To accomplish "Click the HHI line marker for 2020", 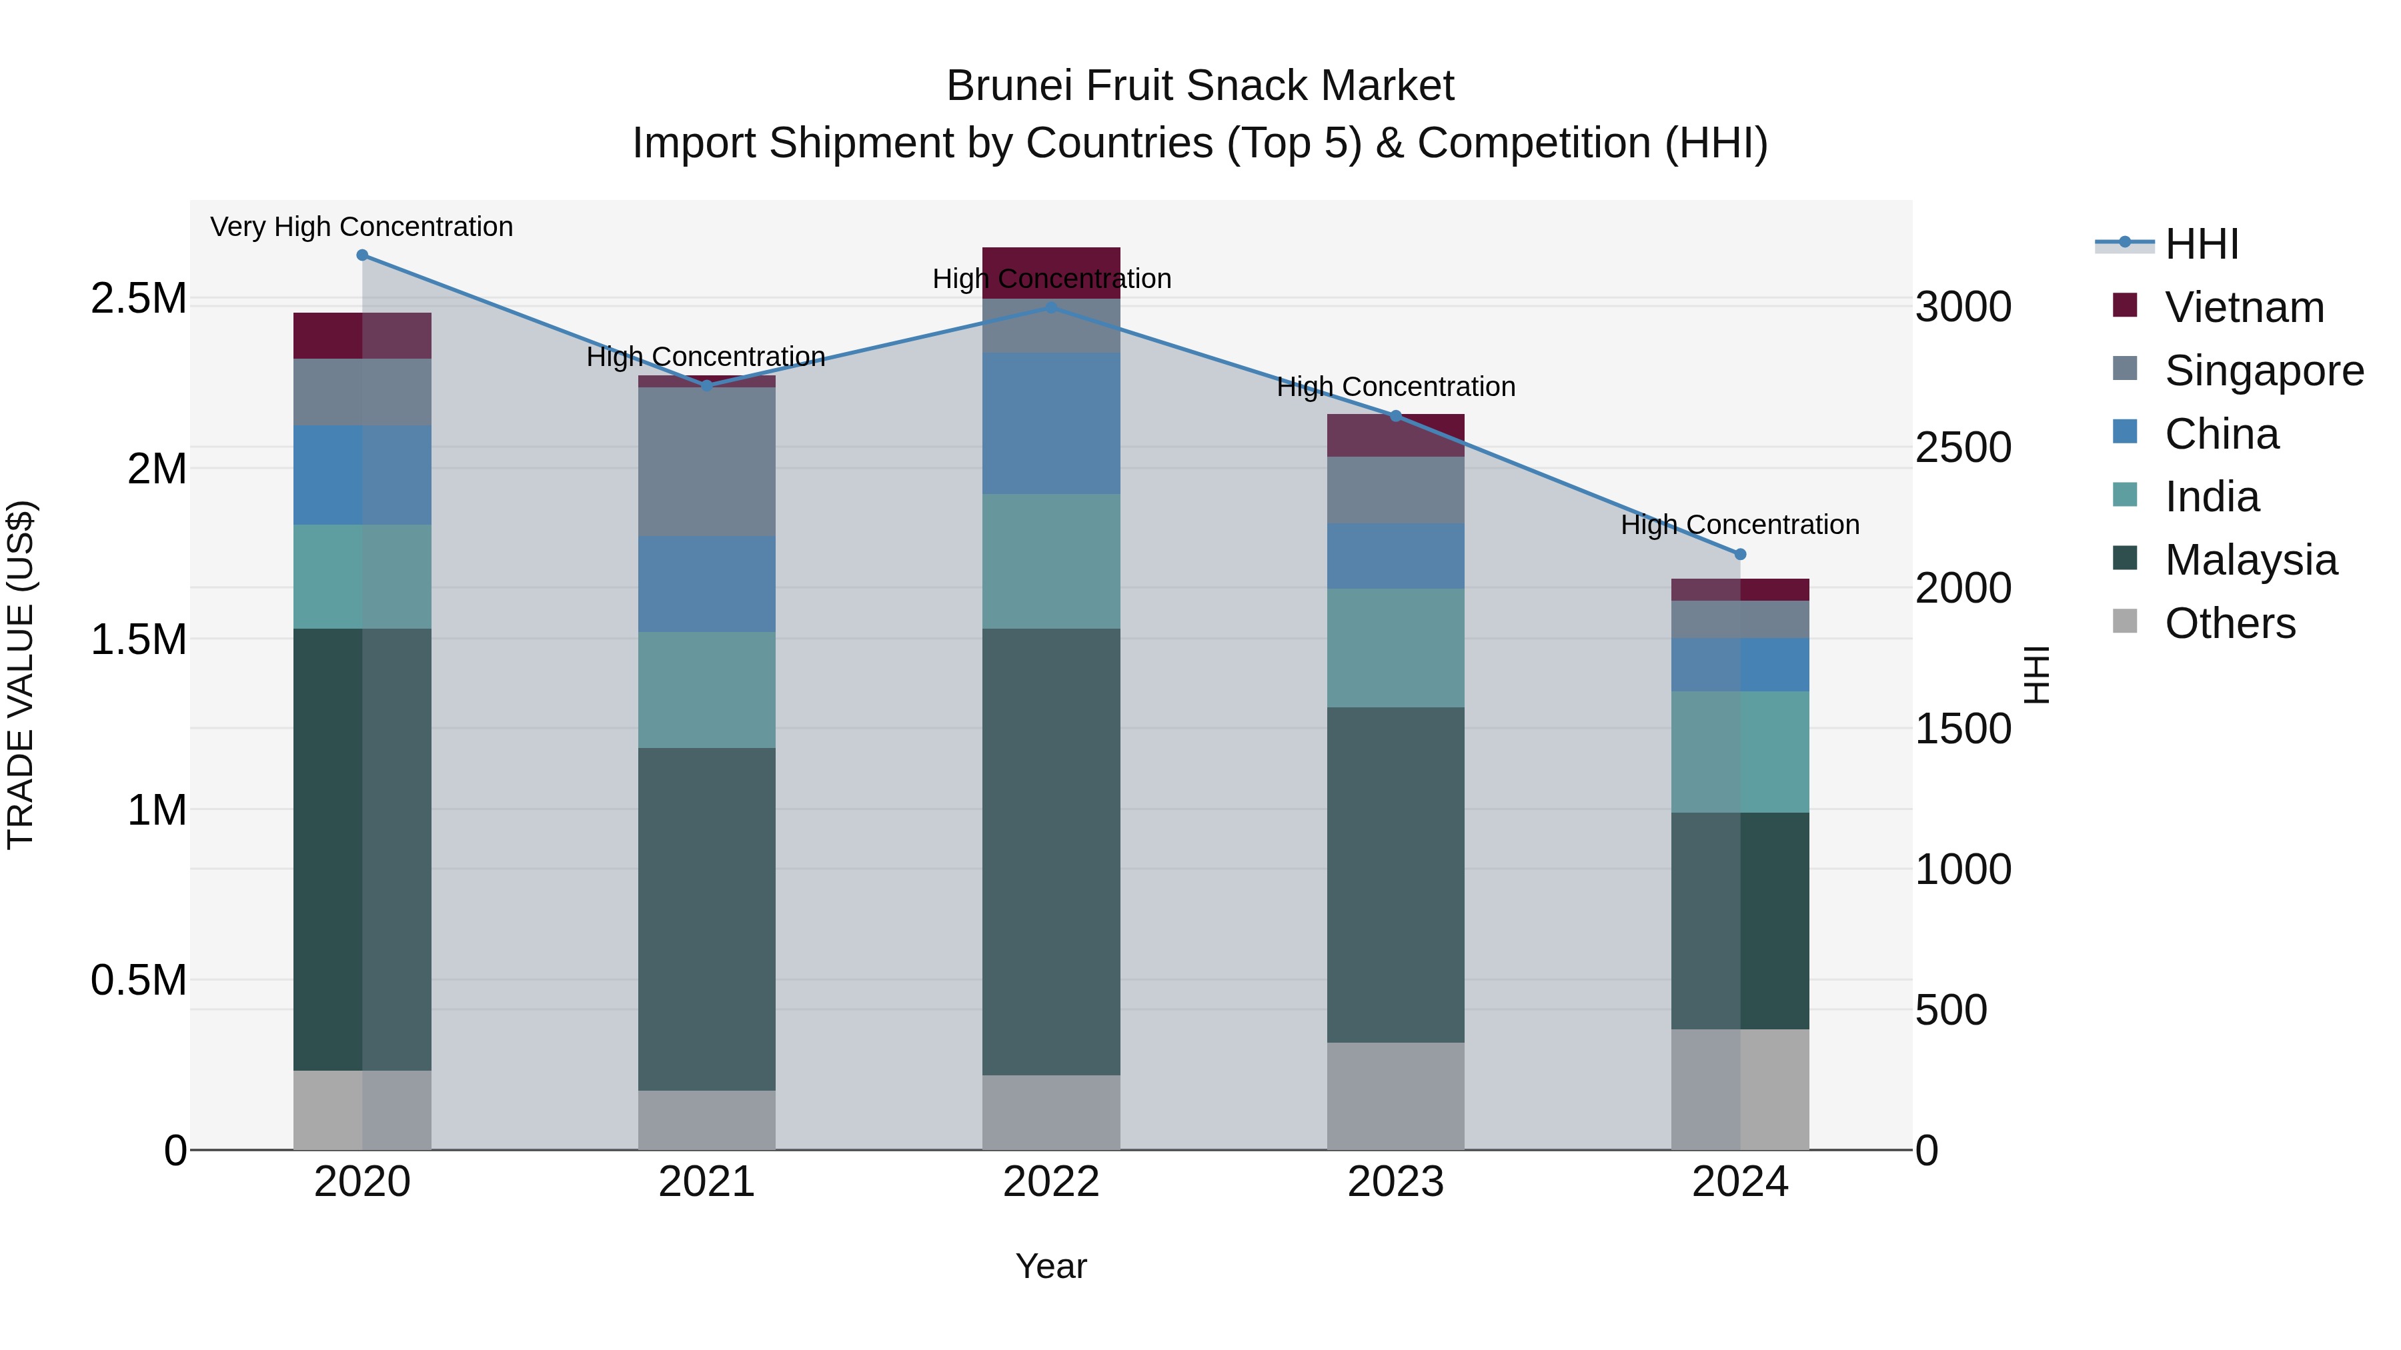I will tap(363, 255).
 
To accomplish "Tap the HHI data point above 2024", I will tap(1739, 555).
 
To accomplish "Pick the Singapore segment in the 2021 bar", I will tap(706, 461).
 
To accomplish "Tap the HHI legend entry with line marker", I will tap(2201, 244).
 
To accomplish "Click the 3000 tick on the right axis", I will tap(1963, 307).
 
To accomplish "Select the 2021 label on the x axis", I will tap(706, 1181).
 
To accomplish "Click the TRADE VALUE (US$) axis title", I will tap(21, 675).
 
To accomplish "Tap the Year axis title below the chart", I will tap(1050, 1266).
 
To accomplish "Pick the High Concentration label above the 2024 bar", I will tap(1739, 525).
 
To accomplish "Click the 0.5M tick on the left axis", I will tap(138, 980).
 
